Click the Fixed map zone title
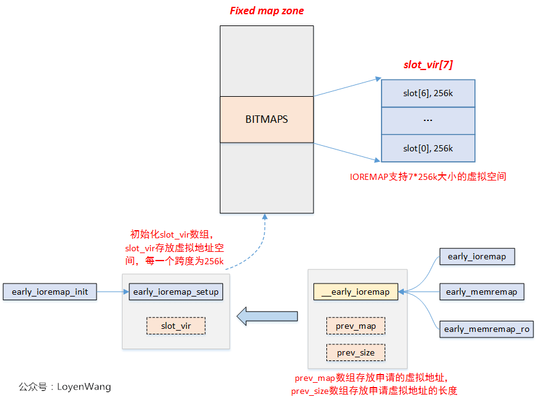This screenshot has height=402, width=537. click(267, 11)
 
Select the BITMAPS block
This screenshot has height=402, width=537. click(266, 119)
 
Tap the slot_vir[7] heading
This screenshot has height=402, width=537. click(427, 65)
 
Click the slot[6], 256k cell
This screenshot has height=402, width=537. click(428, 93)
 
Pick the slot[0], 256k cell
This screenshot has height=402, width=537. click(428, 148)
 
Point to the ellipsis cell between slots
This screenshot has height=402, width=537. click(428, 121)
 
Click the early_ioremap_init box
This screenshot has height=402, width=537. click(50, 292)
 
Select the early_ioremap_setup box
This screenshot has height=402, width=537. click(176, 292)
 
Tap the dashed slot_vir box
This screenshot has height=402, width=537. click(176, 326)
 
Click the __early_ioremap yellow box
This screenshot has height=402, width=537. click(356, 292)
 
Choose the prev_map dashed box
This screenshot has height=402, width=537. click(356, 326)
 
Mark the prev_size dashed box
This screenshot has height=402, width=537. click(356, 352)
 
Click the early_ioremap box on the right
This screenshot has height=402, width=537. click(476, 256)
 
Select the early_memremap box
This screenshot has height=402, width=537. click(481, 292)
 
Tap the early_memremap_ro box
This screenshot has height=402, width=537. click(486, 329)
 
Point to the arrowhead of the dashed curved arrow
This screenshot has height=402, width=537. click(266, 217)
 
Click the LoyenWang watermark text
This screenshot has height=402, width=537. click(65, 386)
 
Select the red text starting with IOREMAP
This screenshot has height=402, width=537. click(428, 177)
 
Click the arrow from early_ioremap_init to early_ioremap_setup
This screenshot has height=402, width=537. click(113, 292)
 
